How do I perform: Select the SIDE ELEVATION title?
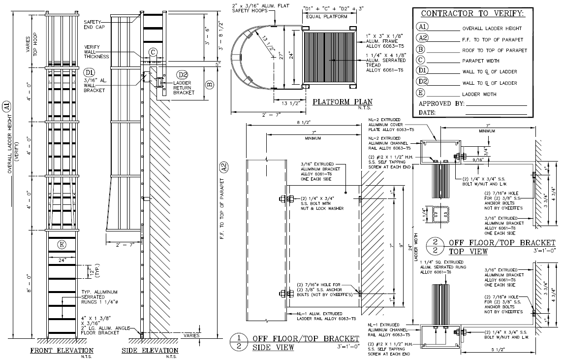(150, 350)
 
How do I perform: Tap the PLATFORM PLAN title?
(342, 102)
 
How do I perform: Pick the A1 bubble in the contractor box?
(422, 28)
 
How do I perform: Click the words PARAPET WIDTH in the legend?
(481, 61)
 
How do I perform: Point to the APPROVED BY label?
(441, 104)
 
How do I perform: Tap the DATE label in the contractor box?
(427, 113)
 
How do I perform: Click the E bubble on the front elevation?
(61, 245)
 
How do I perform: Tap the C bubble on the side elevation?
(153, 52)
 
